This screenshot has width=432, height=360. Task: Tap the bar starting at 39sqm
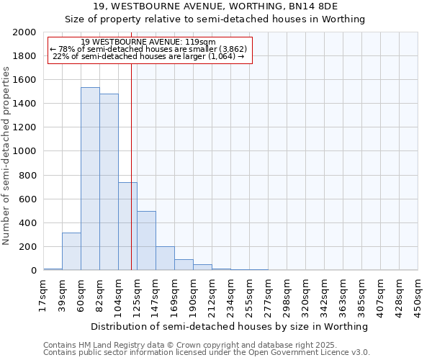71,251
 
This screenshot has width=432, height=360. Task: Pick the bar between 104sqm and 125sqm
127,226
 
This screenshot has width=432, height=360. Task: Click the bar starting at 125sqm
146,240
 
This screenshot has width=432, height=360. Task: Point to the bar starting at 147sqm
165,258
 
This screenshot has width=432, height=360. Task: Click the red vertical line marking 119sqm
131,166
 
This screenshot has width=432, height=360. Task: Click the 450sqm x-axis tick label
418,295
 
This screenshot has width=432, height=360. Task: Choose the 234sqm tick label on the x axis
230,295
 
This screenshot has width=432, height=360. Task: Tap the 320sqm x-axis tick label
305,295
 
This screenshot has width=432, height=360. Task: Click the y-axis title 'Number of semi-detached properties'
7,156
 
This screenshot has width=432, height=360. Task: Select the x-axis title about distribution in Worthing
230,326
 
